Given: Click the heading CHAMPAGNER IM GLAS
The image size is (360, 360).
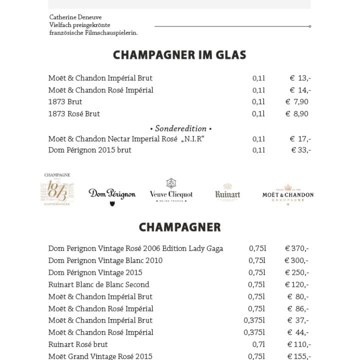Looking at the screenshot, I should click(179, 55).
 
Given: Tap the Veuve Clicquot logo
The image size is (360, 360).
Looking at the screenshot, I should click(171, 191).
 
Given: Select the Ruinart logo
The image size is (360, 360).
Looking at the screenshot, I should click(227, 192).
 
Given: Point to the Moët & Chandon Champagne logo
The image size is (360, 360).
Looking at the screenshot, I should click(288, 194).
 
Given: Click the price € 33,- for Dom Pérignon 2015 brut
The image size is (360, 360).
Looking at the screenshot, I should click(301, 150).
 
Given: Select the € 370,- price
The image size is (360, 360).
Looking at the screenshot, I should click(297, 248).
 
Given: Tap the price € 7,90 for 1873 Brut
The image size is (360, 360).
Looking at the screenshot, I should click(297, 102).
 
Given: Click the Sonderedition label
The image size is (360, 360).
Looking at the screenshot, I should click(180, 128).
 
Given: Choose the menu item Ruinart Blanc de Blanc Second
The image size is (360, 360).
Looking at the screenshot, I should click(99, 284).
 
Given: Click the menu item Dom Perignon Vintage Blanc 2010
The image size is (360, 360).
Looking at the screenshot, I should click(105, 260).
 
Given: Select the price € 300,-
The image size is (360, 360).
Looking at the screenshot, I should click(296, 260).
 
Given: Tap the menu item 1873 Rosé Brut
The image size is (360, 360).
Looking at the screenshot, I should click(74, 114).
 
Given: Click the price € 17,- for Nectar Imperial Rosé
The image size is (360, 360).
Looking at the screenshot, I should click(300, 139).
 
